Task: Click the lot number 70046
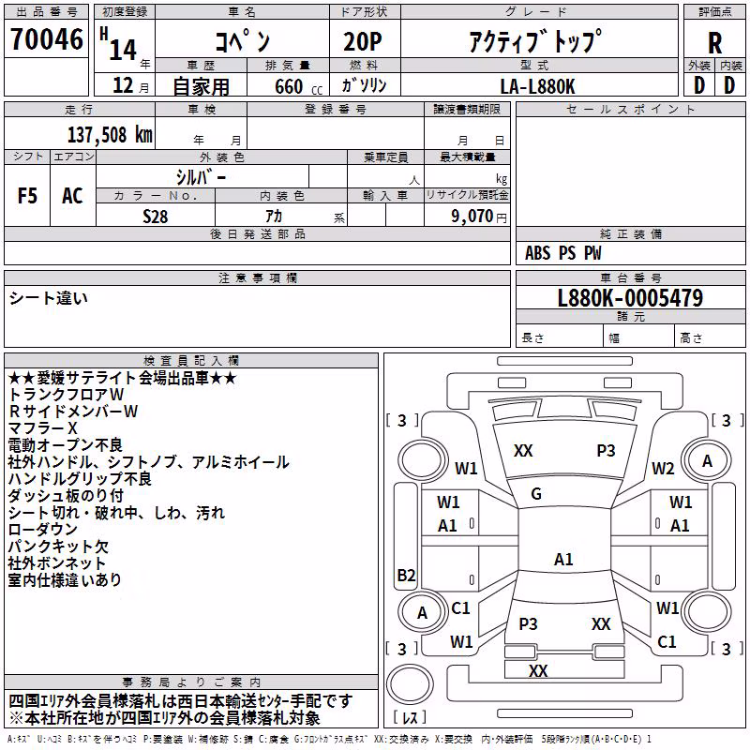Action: click(x=46, y=39)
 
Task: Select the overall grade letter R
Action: click(x=714, y=43)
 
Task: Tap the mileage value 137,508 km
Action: click(x=110, y=135)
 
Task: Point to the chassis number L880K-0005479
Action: click(x=630, y=298)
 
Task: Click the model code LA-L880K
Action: click(x=537, y=86)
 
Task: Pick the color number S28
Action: click(x=156, y=217)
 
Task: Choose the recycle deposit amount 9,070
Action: click(x=472, y=216)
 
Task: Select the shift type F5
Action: click(x=27, y=196)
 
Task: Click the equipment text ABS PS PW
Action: click(x=563, y=253)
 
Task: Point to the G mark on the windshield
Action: click(x=536, y=494)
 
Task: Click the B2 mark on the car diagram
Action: click(x=406, y=575)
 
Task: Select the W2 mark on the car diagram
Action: click(x=663, y=469)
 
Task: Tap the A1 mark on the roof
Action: click(x=563, y=559)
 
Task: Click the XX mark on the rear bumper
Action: click(x=538, y=670)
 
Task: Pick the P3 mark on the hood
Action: click(x=606, y=451)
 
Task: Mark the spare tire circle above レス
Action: click(x=410, y=684)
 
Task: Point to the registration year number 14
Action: click(x=123, y=50)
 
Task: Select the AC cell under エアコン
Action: click(x=72, y=196)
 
